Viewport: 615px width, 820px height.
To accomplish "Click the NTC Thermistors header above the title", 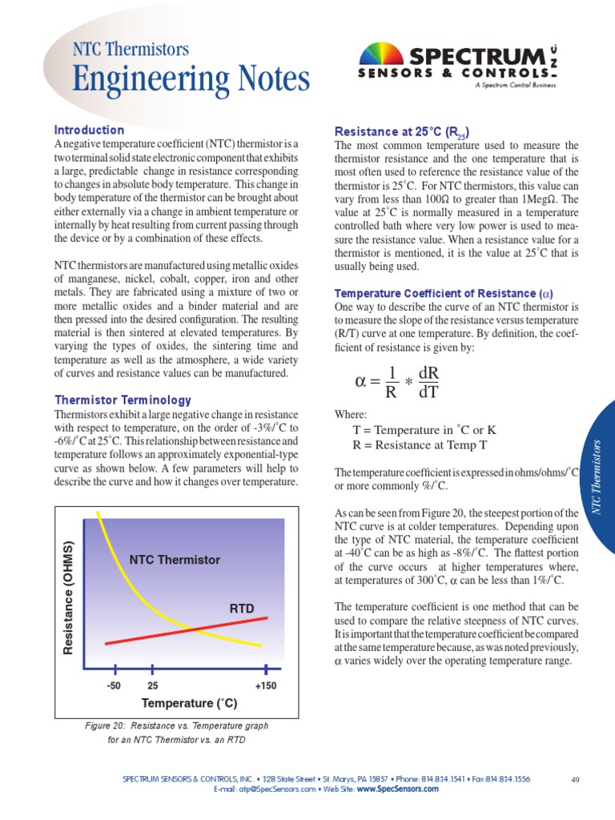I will click(131, 49).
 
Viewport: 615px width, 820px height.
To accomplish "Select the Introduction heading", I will click(89, 130).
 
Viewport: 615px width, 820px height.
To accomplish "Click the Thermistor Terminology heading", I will click(123, 400).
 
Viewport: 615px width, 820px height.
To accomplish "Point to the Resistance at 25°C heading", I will click(401, 131).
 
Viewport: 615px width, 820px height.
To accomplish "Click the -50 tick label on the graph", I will click(114, 686).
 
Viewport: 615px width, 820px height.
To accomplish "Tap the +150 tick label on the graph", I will click(265, 686).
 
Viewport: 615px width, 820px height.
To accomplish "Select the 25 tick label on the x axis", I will click(153, 686).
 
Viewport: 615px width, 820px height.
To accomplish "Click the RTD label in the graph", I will click(242, 609).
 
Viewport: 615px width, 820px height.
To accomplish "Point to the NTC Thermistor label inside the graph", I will click(175, 560).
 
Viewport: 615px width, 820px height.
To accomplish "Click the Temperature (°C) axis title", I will click(190, 704).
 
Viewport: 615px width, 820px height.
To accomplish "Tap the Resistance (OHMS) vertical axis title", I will click(68, 597).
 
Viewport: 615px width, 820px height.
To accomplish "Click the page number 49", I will click(575, 779).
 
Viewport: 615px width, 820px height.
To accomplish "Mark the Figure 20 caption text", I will click(177, 732).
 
